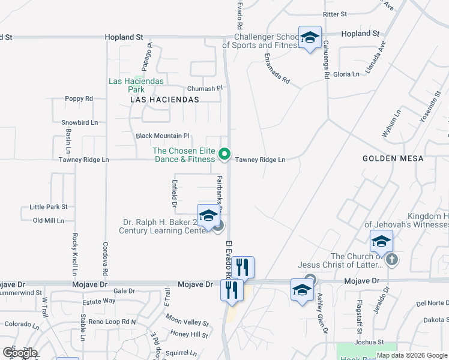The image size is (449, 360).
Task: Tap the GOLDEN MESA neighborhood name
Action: (x=393, y=158)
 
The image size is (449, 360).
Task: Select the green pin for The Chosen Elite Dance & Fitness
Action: (x=224, y=154)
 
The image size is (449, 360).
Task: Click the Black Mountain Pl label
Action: (x=162, y=136)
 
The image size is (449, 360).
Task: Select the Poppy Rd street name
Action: (x=79, y=98)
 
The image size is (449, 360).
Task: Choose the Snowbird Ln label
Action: (x=79, y=122)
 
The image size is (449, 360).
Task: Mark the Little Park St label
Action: (x=49, y=207)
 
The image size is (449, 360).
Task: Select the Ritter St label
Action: (x=335, y=14)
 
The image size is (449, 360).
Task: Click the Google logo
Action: (x=19, y=352)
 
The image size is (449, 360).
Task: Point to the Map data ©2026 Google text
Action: (x=412, y=355)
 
